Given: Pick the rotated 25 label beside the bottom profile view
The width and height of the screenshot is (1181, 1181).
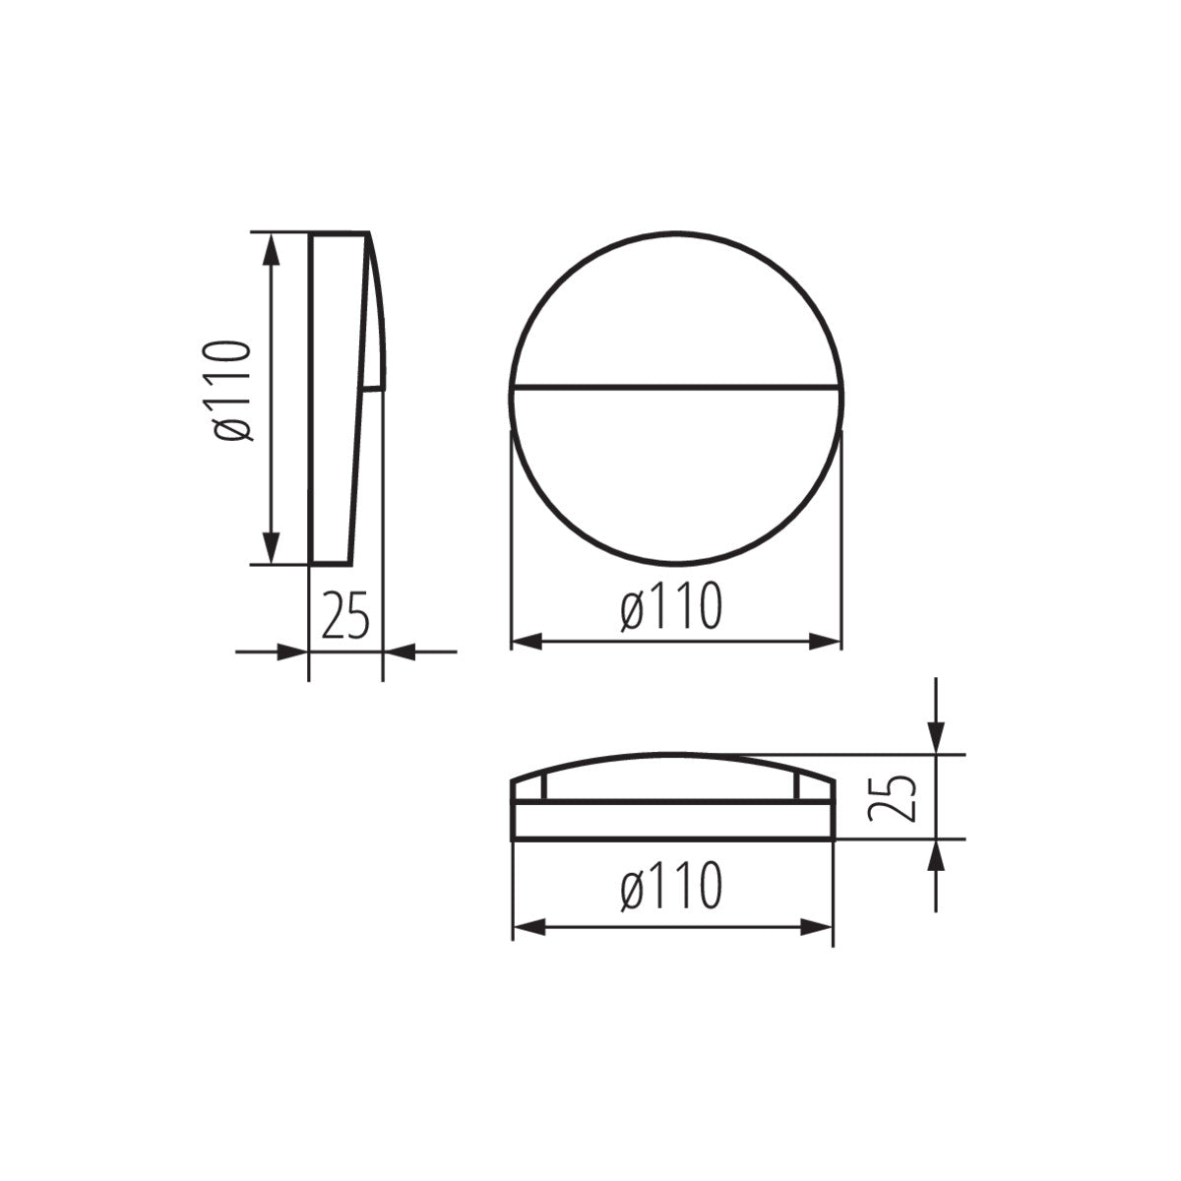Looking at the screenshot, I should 894,796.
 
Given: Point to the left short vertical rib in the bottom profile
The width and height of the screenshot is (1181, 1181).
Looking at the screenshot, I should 543,786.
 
